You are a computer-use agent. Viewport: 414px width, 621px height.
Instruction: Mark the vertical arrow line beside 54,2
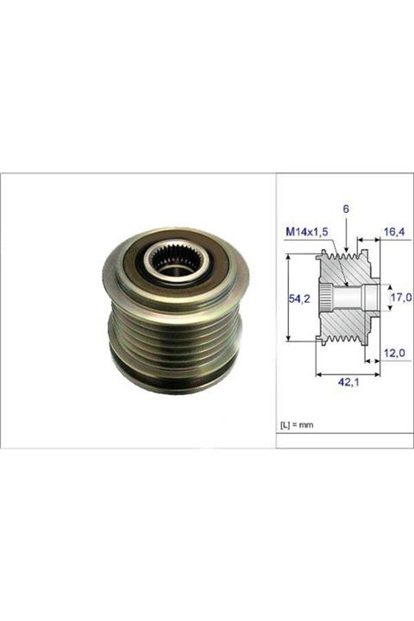point(287,298)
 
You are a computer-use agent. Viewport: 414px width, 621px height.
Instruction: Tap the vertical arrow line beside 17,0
point(386,298)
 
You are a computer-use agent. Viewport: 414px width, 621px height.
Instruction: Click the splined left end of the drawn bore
point(325,298)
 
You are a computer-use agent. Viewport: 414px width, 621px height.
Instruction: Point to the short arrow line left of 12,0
point(372,354)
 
